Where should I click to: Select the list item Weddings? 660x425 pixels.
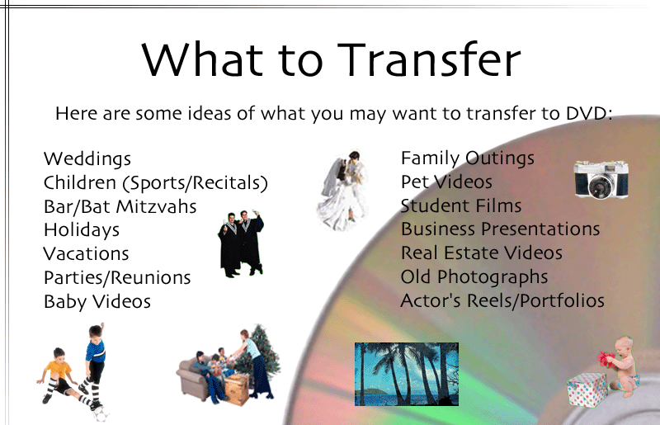click(87, 159)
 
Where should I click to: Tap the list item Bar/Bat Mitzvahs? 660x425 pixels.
click(120, 206)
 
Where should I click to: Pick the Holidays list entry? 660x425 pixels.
click(82, 230)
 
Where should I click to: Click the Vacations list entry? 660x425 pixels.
click(86, 253)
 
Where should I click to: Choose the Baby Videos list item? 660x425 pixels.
click(97, 301)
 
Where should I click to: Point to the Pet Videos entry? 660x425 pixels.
click(446, 182)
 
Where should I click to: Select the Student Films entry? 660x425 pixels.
click(461, 205)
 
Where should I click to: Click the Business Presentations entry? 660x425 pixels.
click(501, 229)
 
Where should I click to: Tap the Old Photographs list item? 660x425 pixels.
click(474, 277)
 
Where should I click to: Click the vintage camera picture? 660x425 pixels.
click(601, 179)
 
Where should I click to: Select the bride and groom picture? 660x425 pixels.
click(342, 191)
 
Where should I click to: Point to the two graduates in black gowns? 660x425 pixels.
click(241, 243)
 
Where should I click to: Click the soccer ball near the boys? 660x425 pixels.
click(100, 414)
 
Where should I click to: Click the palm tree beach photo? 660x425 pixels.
click(407, 374)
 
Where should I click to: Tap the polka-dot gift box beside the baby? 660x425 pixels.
click(587, 390)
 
